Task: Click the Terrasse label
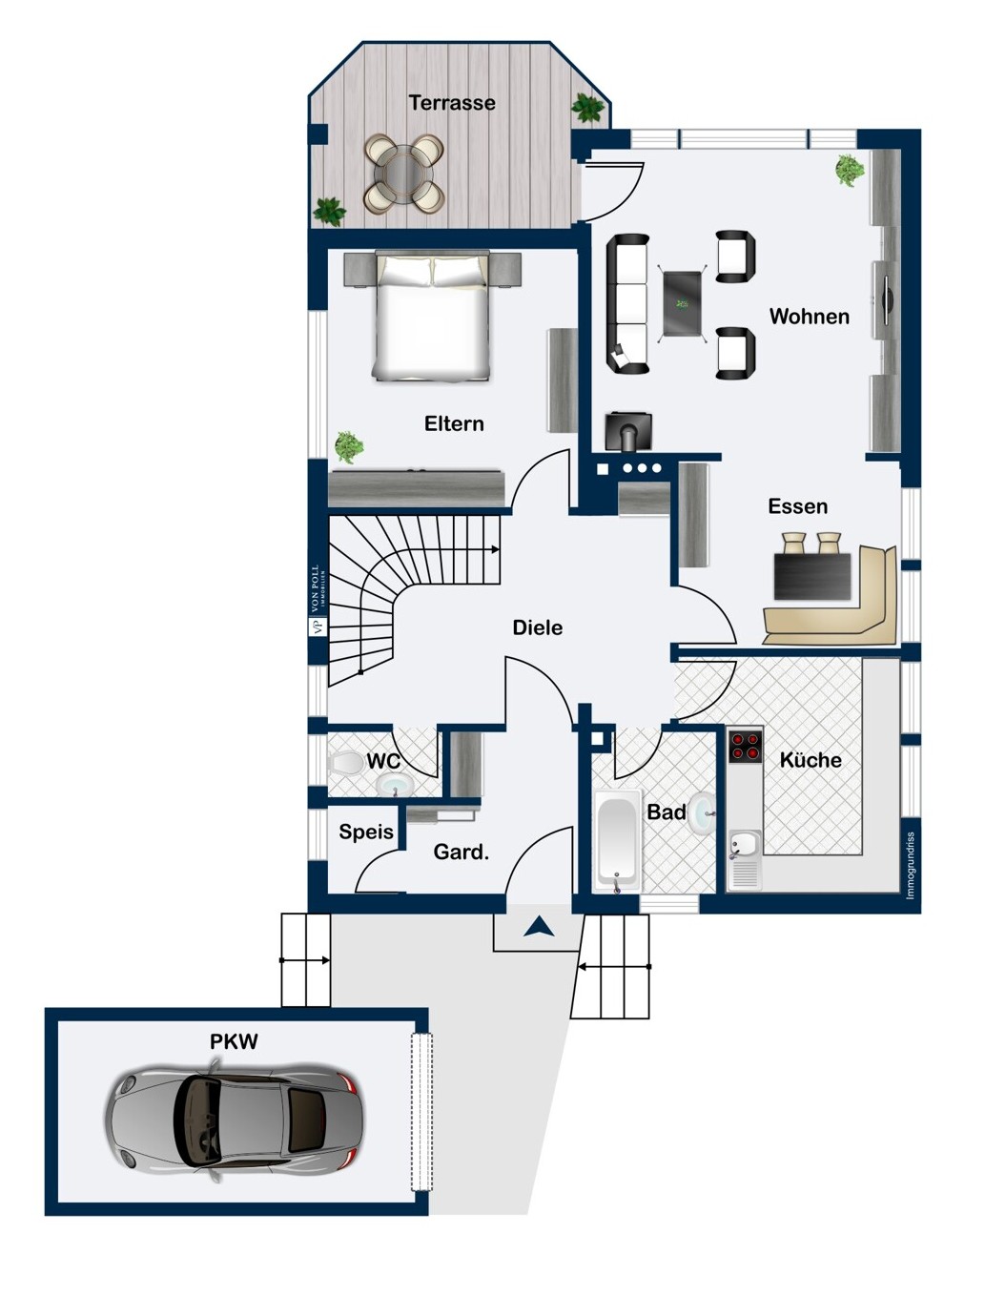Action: point(452,103)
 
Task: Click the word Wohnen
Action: point(809,317)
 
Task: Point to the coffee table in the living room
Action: point(683,303)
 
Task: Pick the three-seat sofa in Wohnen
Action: point(627,303)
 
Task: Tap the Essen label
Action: point(797,506)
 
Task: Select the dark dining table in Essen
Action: point(811,576)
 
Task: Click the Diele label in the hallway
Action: point(537,627)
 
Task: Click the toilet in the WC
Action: point(344,763)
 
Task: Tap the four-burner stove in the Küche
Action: point(745,746)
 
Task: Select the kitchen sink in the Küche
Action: point(744,845)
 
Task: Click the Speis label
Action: point(366,832)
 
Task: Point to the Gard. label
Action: point(461,852)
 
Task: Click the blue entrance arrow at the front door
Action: point(539,925)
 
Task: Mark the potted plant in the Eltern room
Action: point(349,445)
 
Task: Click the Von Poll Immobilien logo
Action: point(316,601)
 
